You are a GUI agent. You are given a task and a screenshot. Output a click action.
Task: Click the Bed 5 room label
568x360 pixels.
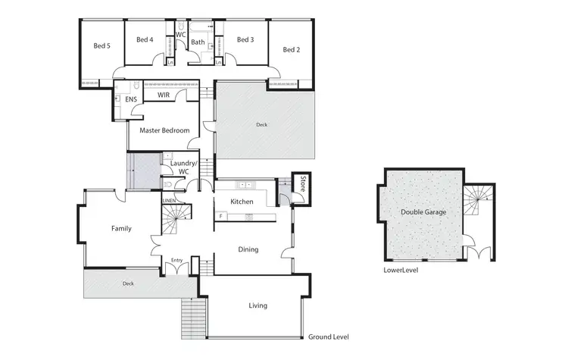click(102, 46)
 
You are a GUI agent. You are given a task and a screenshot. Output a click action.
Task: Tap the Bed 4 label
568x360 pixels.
click(145, 39)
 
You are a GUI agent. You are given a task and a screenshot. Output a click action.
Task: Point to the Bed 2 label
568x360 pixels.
click(292, 50)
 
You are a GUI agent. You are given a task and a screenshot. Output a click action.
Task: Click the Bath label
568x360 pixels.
click(198, 42)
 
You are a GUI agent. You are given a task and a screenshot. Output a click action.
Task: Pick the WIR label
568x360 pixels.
click(164, 95)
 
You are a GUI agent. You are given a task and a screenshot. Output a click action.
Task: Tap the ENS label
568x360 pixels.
click(130, 99)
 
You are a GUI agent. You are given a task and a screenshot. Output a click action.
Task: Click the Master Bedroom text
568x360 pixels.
click(164, 130)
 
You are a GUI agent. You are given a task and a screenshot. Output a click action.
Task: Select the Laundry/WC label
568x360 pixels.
click(183, 167)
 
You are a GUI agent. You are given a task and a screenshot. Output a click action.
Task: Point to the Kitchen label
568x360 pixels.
click(242, 202)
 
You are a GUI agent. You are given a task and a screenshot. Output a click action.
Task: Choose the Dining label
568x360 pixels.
click(248, 249)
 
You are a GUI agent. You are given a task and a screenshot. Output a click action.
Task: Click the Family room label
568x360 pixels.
click(122, 228)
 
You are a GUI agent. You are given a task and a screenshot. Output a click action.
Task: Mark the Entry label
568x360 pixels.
click(177, 261)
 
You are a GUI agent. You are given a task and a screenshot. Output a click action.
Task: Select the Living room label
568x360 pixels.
click(257, 306)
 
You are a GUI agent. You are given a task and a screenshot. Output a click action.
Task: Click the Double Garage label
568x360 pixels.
click(423, 212)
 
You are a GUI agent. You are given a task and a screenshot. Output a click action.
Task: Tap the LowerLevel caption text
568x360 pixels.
click(401, 270)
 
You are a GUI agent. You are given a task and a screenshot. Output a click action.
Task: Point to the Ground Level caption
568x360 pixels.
click(328, 337)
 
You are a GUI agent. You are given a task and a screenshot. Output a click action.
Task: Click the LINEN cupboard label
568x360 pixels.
click(170, 201)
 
